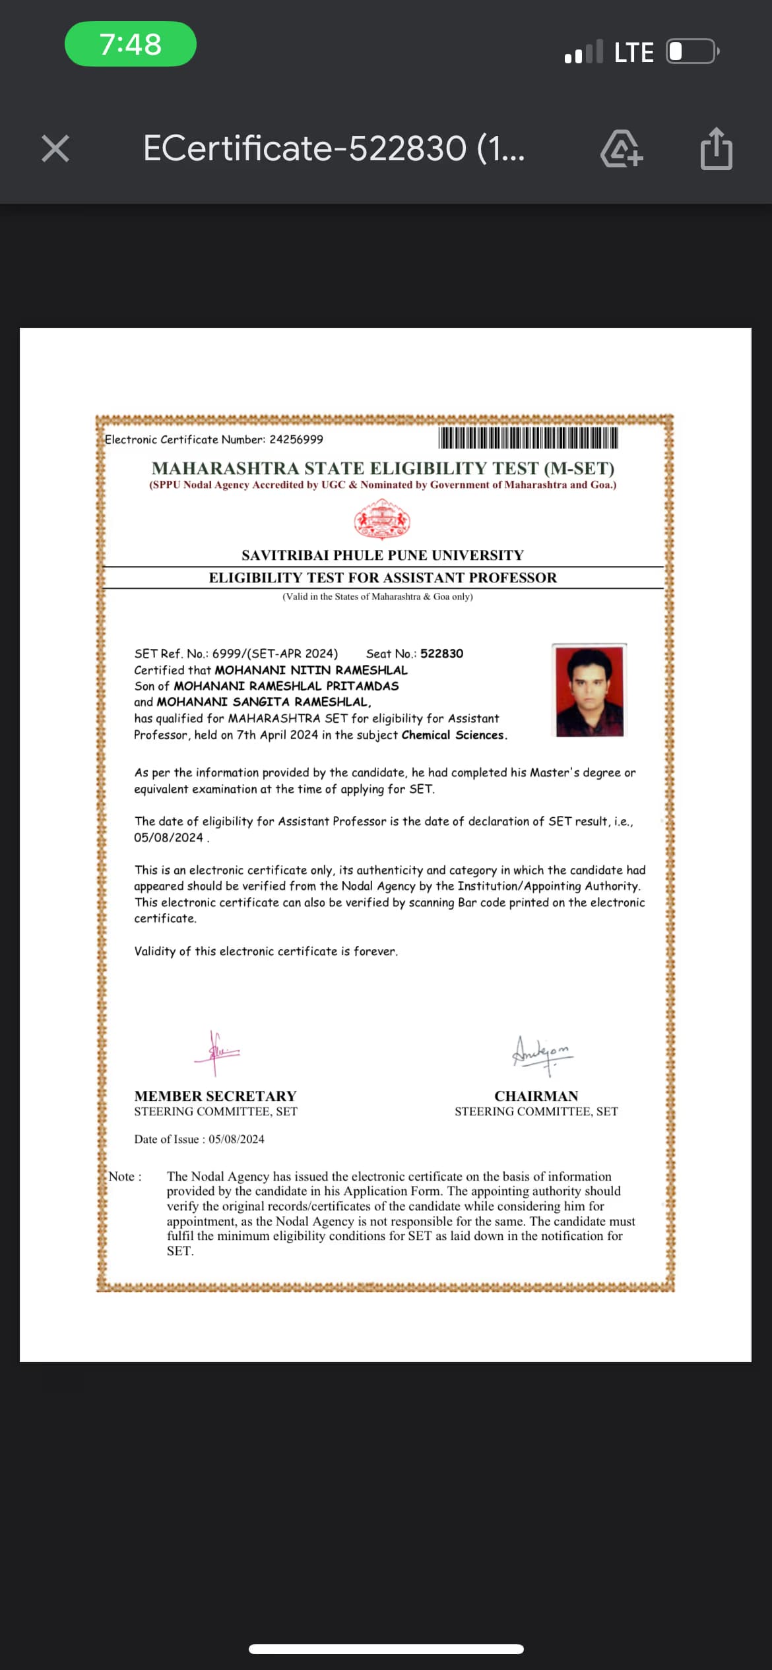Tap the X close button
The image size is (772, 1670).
coord(55,148)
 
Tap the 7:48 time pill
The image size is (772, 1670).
coord(131,44)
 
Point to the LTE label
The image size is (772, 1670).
coord(633,53)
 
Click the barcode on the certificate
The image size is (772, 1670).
coord(528,438)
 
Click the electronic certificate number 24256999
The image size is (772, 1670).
coord(296,440)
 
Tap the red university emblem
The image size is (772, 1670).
coord(382,520)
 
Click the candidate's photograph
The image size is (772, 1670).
coord(589,691)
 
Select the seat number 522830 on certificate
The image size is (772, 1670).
coord(441,654)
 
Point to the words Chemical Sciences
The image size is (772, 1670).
coord(453,735)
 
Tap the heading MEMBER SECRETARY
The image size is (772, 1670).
coord(215,1096)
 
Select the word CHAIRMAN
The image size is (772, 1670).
coord(536,1096)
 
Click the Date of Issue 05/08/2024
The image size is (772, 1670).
coord(236,1140)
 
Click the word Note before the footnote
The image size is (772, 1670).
coord(122,1177)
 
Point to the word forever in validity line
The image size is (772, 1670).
coord(375,952)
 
